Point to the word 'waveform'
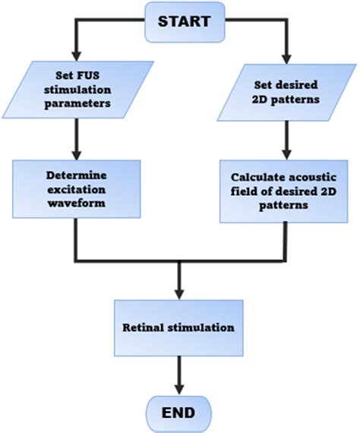tap(74, 203)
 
